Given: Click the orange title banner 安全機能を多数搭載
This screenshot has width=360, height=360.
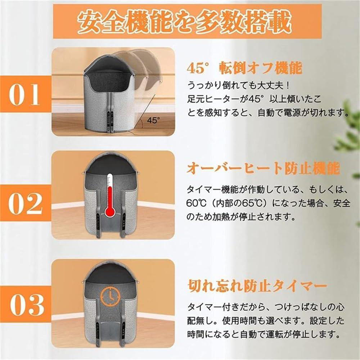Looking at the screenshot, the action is coord(187,21).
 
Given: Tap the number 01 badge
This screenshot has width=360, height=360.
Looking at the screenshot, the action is coord(25,94).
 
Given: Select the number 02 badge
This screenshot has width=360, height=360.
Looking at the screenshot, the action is coord(25,203).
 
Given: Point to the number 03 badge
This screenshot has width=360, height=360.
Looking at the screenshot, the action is coord(25,304).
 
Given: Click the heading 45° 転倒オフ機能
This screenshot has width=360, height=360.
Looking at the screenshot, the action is coord(244,68).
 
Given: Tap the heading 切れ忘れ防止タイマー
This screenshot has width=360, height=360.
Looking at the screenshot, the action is coord(257,286).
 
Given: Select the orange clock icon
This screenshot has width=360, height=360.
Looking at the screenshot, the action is coord(111,296).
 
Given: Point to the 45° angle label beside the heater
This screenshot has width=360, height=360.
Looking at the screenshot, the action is coord(153,120).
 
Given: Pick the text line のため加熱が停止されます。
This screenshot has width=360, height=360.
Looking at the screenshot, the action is coord(240,216).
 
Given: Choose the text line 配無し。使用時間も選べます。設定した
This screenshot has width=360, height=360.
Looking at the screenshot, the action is coord(266,320).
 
